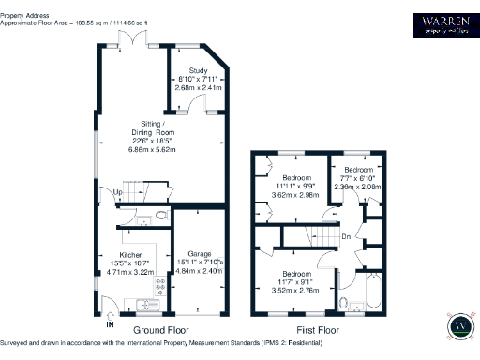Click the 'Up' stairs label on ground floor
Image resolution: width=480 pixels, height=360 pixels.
(118, 193)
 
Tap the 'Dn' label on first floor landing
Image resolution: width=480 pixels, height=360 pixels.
(347, 236)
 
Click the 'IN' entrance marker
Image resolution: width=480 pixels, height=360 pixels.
(110, 323)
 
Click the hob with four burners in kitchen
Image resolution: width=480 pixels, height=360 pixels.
(159, 284)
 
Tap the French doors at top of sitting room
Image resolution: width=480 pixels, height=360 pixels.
(128, 37)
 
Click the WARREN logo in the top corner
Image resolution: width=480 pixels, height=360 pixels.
(443, 22)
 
